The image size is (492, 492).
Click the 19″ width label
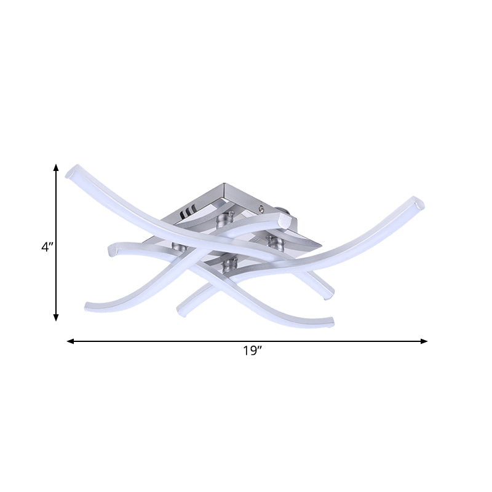252,352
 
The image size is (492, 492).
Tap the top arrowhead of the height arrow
56,168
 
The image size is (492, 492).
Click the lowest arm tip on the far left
89,305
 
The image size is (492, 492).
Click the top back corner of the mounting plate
223,184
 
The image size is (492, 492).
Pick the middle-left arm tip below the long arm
113,248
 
